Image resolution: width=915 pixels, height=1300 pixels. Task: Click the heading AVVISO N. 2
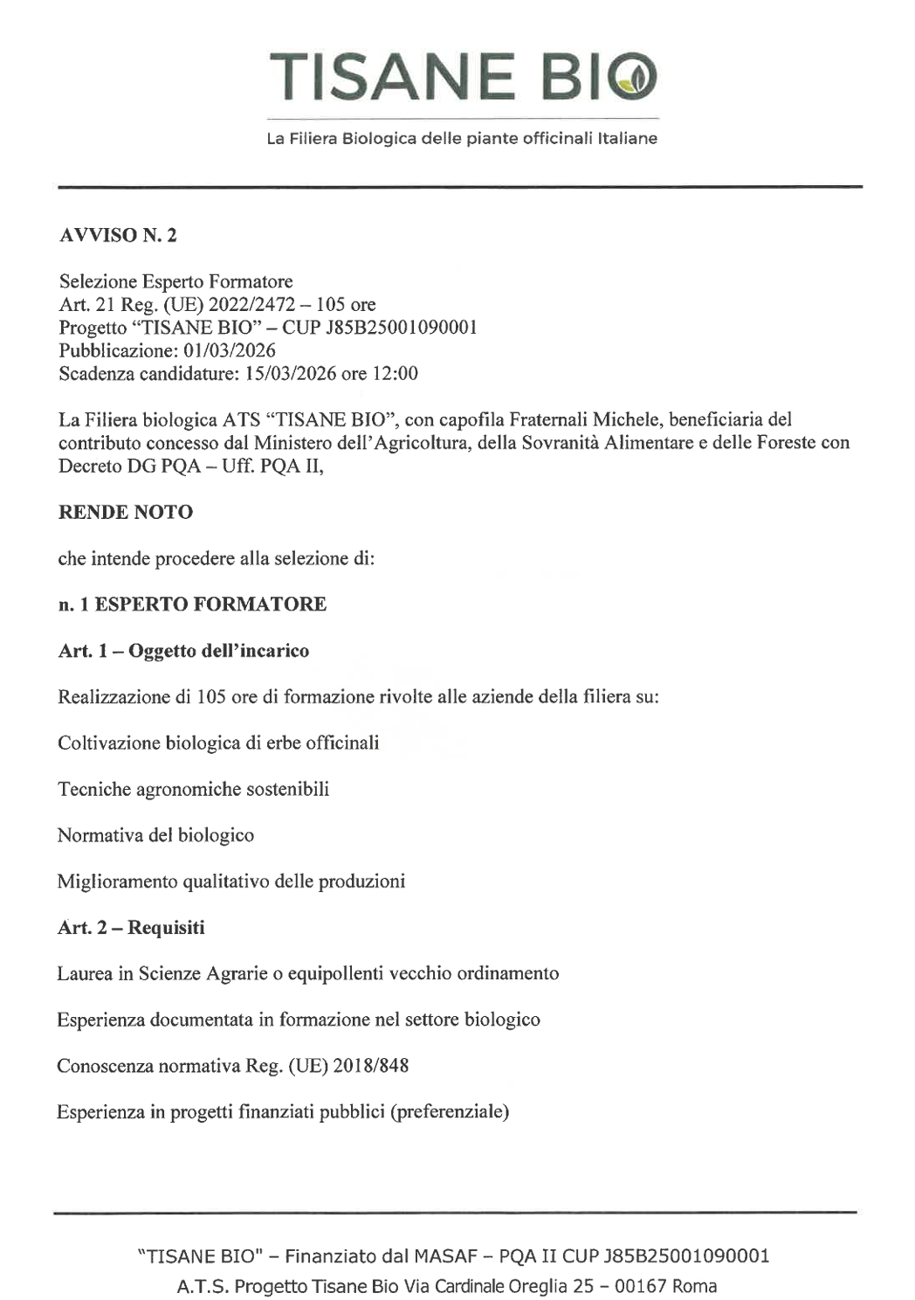click(x=118, y=235)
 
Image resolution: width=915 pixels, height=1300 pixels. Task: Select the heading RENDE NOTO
click(x=125, y=512)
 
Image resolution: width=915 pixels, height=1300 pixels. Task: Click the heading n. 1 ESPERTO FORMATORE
click(x=192, y=605)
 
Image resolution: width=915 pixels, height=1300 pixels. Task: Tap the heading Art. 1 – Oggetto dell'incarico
click(x=183, y=651)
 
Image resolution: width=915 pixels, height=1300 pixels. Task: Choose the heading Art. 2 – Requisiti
click(x=131, y=928)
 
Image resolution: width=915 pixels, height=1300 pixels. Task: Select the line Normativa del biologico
click(x=155, y=835)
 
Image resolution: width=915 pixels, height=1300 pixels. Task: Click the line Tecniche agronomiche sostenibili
click(x=193, y=789)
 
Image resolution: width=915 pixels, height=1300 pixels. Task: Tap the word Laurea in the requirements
click(x=85, y=973)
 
